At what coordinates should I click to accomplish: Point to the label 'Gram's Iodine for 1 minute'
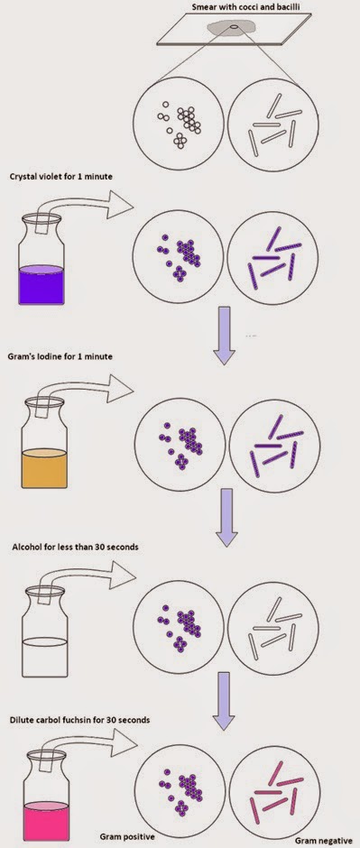(62, 356)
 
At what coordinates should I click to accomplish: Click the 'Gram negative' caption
(320, 840)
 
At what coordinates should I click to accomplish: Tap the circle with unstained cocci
(180, 124)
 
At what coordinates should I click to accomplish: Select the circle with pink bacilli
(276, 788)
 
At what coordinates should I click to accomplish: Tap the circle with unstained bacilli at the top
(276, 124)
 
